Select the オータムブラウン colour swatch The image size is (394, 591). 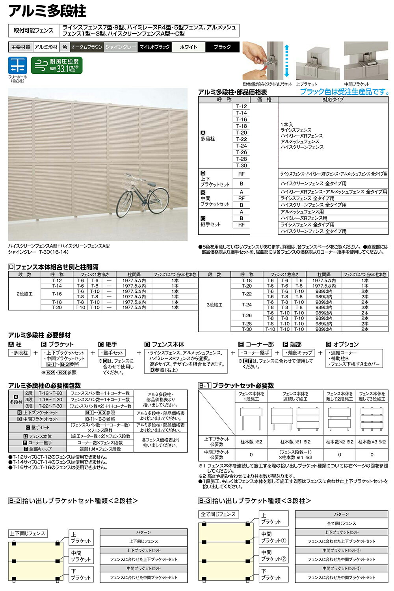pos(87,47)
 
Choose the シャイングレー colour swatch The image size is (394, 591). pos(121,47)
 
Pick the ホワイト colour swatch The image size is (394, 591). pos(188,47)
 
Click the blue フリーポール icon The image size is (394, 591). pos(17,65)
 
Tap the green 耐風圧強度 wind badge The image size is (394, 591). pos(57,65)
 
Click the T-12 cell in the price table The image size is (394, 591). pos(242,107)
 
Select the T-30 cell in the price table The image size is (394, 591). pos(242,166)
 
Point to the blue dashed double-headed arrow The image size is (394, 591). pos(287,61)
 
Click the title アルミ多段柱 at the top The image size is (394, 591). pos(47,11)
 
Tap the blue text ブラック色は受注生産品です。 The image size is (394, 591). pos(344,92)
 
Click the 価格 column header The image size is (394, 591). pos(264,100)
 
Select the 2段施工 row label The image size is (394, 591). pos(24,294)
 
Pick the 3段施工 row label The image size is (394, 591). pos(214,305)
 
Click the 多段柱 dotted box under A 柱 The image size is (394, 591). pos(19,353)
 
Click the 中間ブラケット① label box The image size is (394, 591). pos(273,537)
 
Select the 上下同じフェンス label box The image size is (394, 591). pos(27,533)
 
